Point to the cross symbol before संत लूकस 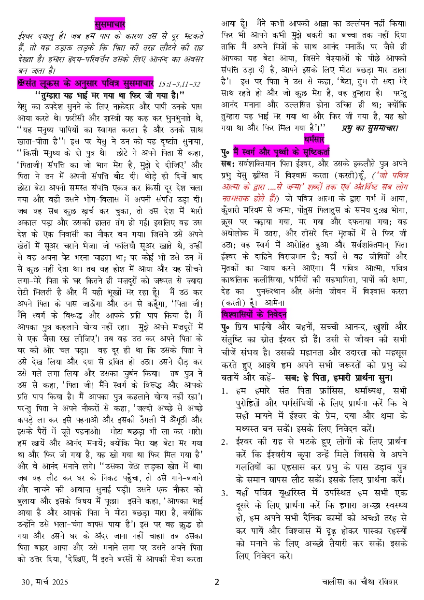pos(20,83)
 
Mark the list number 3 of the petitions pos(225,493)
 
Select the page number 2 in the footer pos(217,582)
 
